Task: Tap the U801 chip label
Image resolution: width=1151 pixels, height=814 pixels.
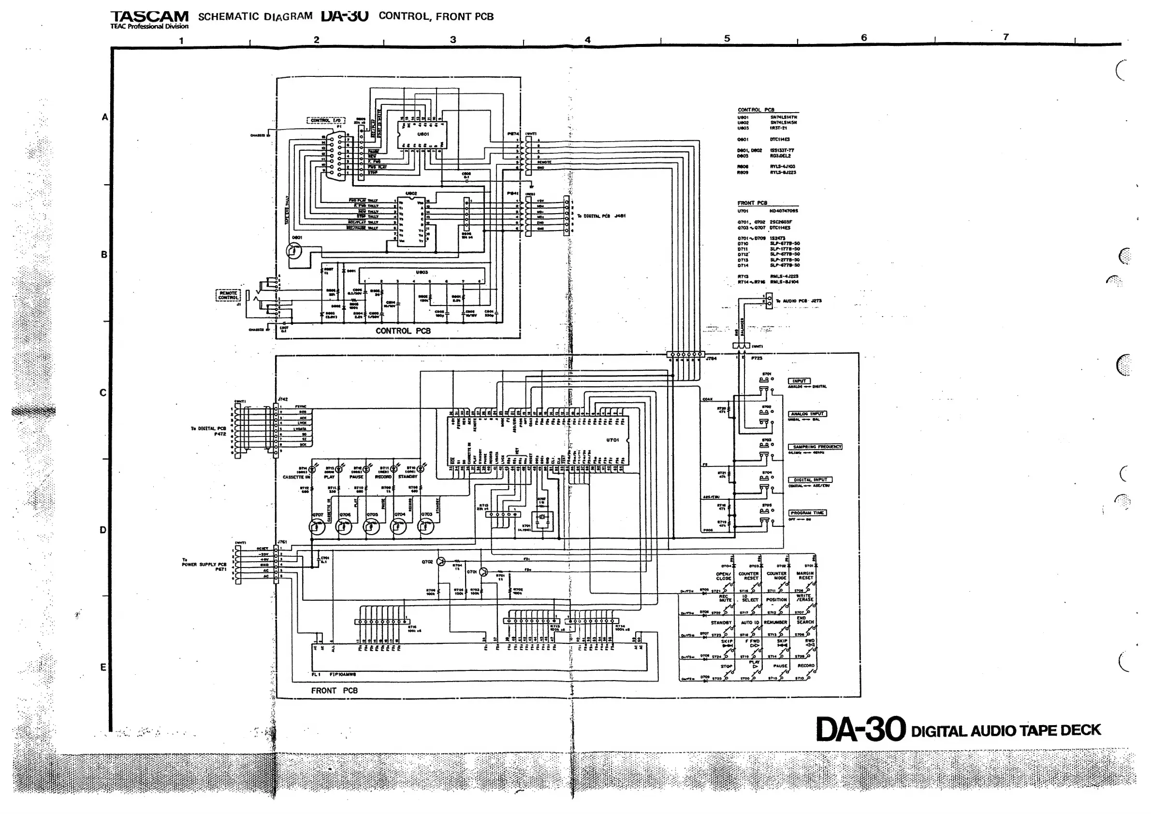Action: tap(423, 134)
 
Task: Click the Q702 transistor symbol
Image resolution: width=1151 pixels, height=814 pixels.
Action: tap(441, 562)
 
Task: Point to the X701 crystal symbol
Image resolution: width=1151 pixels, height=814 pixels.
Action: tap(541, 517)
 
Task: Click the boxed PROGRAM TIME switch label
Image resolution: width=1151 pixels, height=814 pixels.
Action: tap(807, 513)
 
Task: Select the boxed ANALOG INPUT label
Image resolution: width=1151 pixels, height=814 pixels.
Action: tap(808, 414)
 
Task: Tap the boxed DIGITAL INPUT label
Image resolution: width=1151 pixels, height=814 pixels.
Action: tap(810, 480)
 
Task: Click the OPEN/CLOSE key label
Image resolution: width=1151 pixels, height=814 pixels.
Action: tap(723, 576)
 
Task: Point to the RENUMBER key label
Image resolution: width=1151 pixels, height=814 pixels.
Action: tap(775, 623)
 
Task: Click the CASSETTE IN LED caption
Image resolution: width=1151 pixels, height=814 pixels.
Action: tap(296, 477)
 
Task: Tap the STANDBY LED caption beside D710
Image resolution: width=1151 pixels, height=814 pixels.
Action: tap(408, 477)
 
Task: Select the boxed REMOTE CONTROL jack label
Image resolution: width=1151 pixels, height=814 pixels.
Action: tap(228, 295)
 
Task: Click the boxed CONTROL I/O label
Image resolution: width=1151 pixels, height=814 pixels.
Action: tap(325, 120)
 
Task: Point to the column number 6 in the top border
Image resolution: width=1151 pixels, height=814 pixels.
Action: tap(864, 38)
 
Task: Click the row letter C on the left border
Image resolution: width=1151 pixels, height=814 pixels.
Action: tap(103, 393)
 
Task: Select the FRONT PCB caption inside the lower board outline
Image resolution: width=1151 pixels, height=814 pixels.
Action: tap(335, 691)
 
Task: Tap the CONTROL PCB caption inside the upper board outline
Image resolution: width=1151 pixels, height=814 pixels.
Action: tap(403, 331)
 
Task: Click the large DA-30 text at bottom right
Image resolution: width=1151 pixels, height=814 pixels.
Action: tap(861, 729)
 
